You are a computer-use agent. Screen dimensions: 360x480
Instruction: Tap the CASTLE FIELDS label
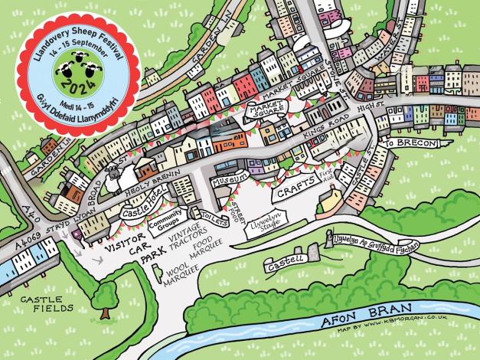(x=46, y=303)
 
